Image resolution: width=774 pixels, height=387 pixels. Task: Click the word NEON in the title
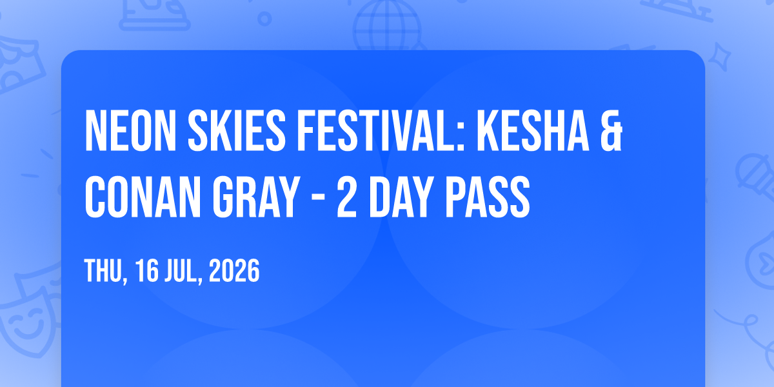[x=130, y=130]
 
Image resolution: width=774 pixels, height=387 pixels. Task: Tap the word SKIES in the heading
[x=237, y=130]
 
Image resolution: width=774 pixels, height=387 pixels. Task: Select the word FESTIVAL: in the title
[x=381, y=130]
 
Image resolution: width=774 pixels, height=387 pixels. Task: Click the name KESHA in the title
[x=533, y=130]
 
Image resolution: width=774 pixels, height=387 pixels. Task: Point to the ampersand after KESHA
[x=611, y=130]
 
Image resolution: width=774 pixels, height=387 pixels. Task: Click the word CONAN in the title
[x=143, y=197]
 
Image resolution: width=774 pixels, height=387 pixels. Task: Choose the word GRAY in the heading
[x=256, y=197]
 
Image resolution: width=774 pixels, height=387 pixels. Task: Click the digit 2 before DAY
[x=346, y=197]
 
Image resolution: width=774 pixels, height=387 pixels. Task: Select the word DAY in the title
[x=401, y=197]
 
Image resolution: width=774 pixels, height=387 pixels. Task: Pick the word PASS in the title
[x=488, y=197]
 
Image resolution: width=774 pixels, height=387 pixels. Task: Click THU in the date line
[x=104, y=271]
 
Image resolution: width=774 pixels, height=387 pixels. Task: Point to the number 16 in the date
[x=147, y=271]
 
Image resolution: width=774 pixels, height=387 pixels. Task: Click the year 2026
[x=234, y=271]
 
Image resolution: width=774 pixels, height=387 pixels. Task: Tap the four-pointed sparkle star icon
[x=720, y=57]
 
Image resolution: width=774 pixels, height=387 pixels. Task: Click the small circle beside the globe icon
[x=264, y=19]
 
